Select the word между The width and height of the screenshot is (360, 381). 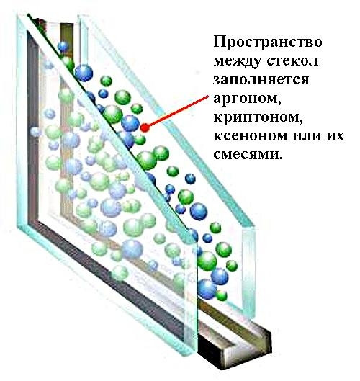(238, 62)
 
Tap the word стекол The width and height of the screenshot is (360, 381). (292, 60)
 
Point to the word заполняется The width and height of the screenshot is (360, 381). (261, 79)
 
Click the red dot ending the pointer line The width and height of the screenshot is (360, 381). (145, 127)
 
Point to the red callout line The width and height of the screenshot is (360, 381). (176, 112)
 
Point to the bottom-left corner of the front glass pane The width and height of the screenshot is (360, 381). (18, 227)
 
